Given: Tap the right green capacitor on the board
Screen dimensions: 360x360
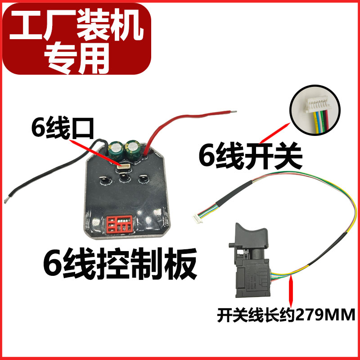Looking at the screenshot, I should pos(134,150).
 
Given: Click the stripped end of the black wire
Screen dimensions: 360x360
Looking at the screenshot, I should pos(9,198).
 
